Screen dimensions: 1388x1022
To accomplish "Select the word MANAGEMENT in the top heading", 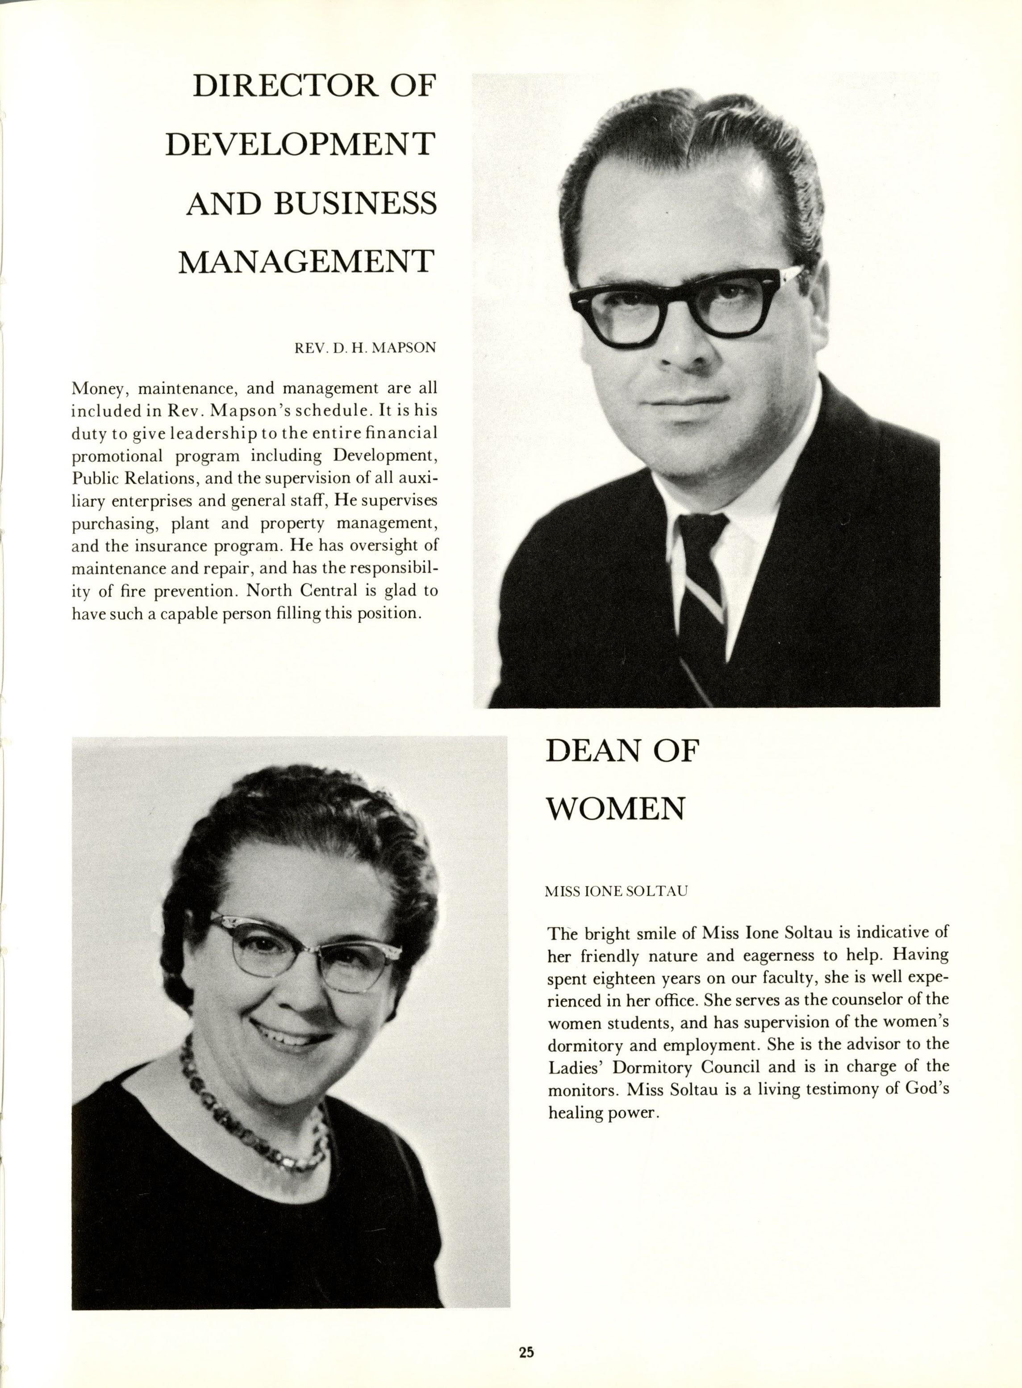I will click(x=305, y=262).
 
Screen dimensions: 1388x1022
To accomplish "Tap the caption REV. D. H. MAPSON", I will click(x=365, y=348).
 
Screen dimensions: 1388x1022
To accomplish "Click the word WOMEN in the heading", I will click(x=616, y=809).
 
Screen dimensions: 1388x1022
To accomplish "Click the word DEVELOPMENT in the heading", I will click(x=300, y=145).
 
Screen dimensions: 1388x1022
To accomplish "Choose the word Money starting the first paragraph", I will click(x=95, y=389).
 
